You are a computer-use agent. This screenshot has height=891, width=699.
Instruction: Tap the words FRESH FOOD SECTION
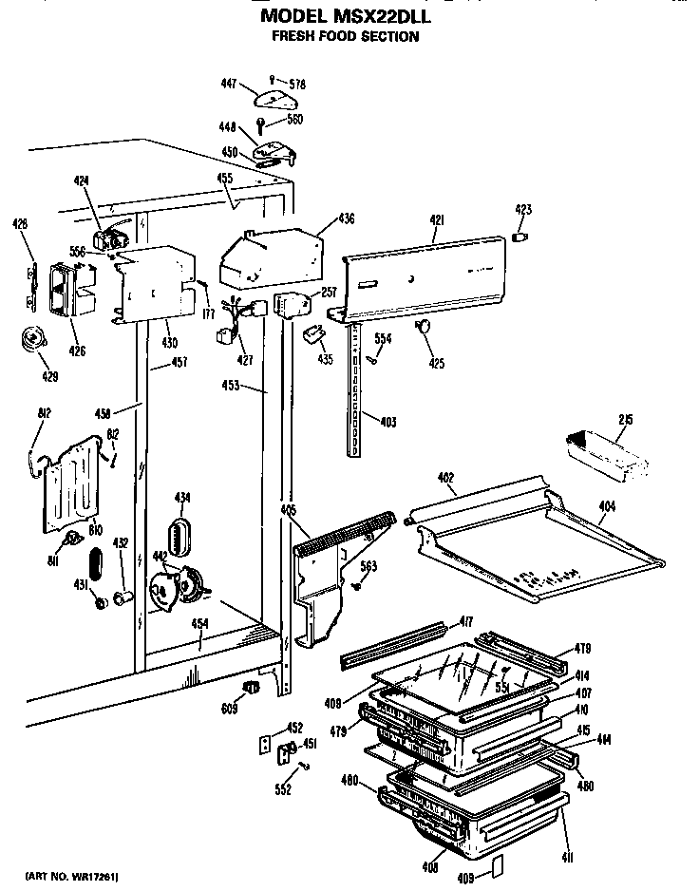pos(344,37)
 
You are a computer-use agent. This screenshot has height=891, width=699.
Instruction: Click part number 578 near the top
pos(298,85)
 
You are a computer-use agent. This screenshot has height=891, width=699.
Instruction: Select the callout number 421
pos(437,220)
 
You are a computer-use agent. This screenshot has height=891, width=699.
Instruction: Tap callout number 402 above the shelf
pos(448,479)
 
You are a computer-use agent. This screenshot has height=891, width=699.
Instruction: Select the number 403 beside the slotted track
pos(387,422)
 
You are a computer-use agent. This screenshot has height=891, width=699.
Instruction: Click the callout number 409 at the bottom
pos(465,878)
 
